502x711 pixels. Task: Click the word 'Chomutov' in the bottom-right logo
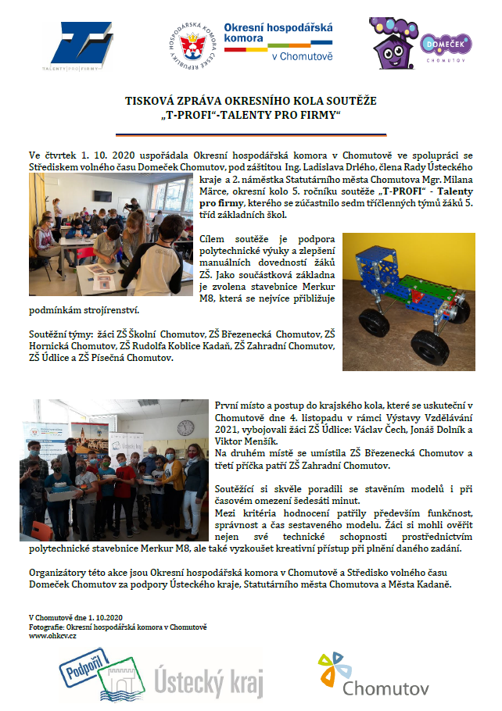pyautogui.click(x=375, y=688)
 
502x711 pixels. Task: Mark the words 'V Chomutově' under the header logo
pyautogui.click(x=300, y=57)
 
